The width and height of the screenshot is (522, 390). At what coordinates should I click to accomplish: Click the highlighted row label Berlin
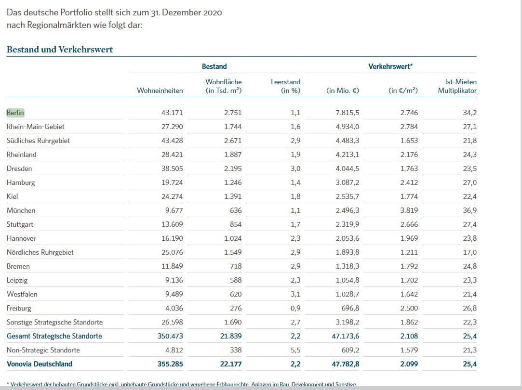click(15, 113)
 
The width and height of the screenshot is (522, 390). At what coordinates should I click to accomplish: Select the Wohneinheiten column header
click(160, 91)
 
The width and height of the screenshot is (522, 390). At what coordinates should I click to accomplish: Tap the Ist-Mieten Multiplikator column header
click(457, 86)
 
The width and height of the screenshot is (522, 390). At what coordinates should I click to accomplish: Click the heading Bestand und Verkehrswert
click(60, 50)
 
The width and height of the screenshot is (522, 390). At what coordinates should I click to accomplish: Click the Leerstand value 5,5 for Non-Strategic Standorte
click(295, 350)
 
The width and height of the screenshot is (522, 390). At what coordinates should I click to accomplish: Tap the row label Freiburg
click(19, 308)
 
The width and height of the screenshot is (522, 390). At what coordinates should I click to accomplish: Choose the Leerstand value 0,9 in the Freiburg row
click(295, 308)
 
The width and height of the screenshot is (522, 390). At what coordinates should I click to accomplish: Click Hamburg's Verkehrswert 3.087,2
click(347, 182)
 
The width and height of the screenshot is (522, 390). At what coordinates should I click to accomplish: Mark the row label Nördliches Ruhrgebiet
click(40, 252)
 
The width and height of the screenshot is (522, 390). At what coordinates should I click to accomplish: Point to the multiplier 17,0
click(469, 252)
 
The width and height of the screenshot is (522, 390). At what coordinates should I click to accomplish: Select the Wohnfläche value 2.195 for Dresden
click(233, 169)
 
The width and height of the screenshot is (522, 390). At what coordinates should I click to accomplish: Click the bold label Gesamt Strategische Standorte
click(54, 336)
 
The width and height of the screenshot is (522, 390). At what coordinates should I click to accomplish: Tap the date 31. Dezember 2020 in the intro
click(187, 13)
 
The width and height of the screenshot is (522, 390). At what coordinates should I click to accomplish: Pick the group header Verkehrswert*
click(390, 66)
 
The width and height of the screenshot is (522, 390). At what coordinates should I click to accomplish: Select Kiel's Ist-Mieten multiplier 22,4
click(469, 196)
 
